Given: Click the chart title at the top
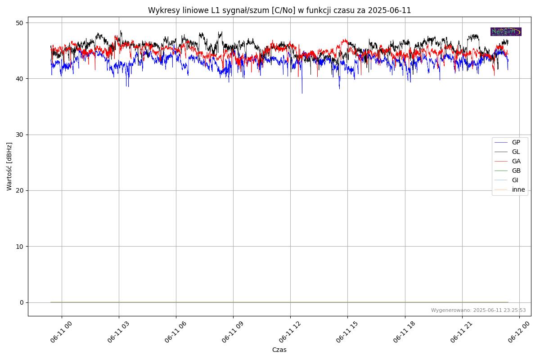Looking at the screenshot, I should coord(279,10).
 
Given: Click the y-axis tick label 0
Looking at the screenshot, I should coord(21,302).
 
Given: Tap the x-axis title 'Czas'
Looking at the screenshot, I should coord(279,350).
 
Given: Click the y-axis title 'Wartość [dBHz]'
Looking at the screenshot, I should coord(9,166).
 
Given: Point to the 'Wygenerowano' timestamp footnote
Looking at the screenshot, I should coord(478,310).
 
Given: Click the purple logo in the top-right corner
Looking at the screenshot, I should coord(506,31).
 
